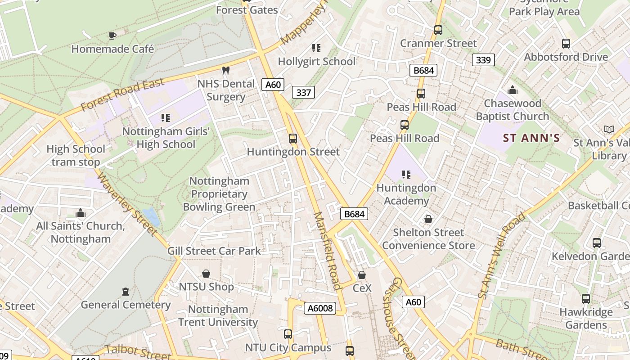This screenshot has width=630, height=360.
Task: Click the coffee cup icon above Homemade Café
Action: tap(112, 36)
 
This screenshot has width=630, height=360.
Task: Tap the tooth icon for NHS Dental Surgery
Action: tap(226, 70)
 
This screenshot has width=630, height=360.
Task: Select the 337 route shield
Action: tap(303, 92)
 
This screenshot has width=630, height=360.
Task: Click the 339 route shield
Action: tap(483, 60)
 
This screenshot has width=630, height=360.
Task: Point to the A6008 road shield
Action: tap(320, 308)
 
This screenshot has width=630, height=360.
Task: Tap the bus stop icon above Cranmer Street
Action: tap(438, 30)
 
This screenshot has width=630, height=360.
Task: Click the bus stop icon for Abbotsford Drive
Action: tap(566, 44)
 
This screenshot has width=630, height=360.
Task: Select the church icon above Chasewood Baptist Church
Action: tap(512, 90)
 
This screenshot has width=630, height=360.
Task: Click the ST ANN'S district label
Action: tap(531, 138)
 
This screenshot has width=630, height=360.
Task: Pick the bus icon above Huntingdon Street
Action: tap(293, 139)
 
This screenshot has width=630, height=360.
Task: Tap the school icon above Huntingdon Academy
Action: tap(406, 174)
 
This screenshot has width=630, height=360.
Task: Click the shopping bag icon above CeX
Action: tap(362, 275)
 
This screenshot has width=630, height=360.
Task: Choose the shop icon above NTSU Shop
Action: tap(206, 274)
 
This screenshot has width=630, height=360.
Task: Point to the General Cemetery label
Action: tap(126, 305)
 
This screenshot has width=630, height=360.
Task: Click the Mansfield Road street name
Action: tap(327, 251)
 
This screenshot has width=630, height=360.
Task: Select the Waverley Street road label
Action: tap(127, 203)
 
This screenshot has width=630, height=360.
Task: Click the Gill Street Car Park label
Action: tap(214, 251)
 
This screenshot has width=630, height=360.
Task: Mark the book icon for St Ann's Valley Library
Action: tap(609, 130)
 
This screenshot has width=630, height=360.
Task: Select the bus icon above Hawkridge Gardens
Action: tap(586, 299)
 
